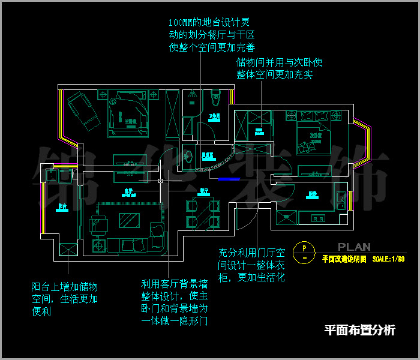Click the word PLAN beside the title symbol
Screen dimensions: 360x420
(x=354, y=247)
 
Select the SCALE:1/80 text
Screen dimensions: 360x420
(x=388, y=259)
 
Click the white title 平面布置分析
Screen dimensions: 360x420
(x=359, y=330)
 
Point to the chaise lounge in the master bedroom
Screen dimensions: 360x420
(x=83, y=112)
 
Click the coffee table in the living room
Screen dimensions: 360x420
(x=130, y=220)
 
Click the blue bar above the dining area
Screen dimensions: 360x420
(x=229, y=178)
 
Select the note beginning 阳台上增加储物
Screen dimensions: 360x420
(x=65, y=299)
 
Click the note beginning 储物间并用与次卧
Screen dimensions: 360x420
(x=280, y=68)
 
